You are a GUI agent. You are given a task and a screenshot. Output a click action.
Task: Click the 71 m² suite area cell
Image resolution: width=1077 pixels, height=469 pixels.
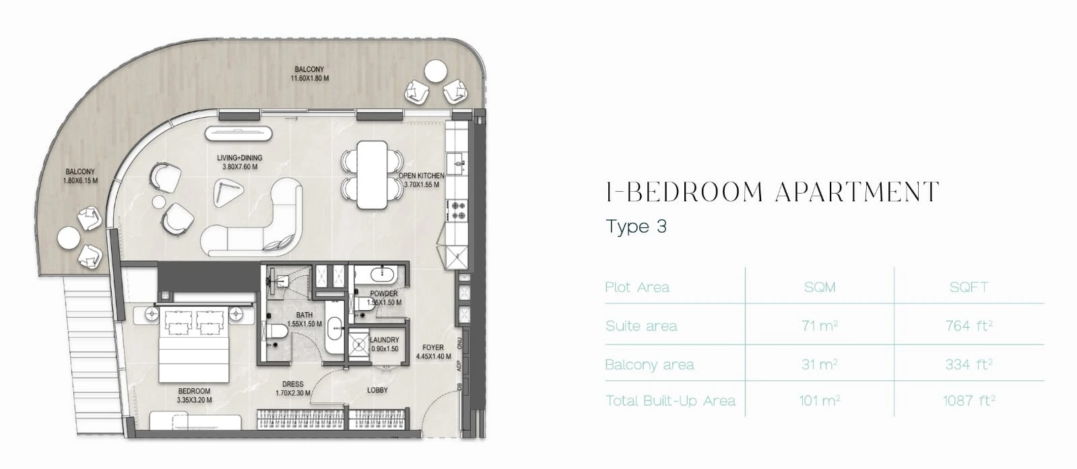click(820, 326)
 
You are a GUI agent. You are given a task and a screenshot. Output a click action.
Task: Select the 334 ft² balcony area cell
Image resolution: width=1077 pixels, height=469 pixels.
click(969, 364)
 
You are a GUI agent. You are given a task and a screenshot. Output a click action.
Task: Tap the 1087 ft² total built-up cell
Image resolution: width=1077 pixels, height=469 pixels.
click(969, 400)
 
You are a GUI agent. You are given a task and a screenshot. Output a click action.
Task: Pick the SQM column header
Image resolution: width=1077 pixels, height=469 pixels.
click(820, 287)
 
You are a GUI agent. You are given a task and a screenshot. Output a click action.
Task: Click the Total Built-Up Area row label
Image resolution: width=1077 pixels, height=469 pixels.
click(670, 400)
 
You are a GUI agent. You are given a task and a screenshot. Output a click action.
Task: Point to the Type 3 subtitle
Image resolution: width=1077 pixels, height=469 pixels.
click(636, 226)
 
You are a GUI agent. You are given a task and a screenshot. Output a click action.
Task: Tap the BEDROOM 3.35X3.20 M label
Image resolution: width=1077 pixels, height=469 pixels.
click(194, 396)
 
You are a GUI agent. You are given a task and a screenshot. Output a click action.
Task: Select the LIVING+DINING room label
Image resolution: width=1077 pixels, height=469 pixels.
click(239, 162)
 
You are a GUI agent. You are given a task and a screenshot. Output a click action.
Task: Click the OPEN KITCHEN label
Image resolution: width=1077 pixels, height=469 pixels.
click(421, 180)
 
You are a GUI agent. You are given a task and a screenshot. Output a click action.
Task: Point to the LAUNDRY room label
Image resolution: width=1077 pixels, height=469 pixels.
click(385, 344)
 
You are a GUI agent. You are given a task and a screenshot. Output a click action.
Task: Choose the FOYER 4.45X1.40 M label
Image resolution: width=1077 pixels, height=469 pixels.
click(433, 352)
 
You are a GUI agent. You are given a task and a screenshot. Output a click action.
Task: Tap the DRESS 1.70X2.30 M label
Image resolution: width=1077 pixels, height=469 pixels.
click(293, 389)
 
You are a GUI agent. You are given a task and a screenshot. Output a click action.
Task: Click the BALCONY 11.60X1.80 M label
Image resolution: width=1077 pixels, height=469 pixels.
click(309, 73)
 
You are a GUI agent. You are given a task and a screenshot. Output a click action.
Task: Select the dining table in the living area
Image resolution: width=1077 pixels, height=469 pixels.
click(372, 174)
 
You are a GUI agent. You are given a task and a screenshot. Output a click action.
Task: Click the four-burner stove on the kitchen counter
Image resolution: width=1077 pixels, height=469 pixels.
click(457, 210)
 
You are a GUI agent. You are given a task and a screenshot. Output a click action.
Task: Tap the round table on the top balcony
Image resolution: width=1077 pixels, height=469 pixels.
click(435, 71)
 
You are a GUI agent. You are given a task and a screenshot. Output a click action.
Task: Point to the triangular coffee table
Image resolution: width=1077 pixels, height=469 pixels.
click(227, 192)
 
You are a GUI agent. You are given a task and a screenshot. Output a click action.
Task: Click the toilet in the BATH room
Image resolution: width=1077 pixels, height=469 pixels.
click(275, 332)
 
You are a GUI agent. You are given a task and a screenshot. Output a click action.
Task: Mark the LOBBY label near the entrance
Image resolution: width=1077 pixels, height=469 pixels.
click(377, 390)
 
